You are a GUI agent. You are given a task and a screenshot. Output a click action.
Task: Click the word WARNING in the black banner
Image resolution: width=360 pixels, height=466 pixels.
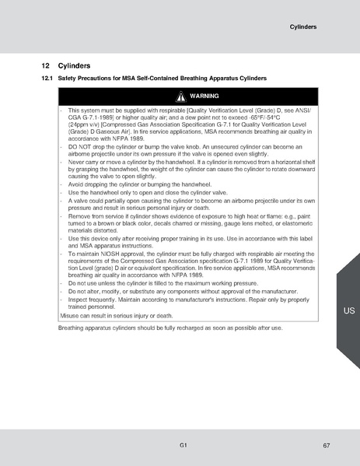tap(204, 97)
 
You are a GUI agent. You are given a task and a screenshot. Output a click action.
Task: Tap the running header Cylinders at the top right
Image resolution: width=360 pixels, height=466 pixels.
tap(302, 26)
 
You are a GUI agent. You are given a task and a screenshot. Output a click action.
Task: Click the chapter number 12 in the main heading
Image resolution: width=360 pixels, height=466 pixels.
tap(46, 66)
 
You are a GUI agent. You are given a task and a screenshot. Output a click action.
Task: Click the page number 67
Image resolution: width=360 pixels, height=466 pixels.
tap(327, 445)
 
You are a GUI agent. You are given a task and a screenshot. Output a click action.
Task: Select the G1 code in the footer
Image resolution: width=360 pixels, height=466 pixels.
tap(182, 445)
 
